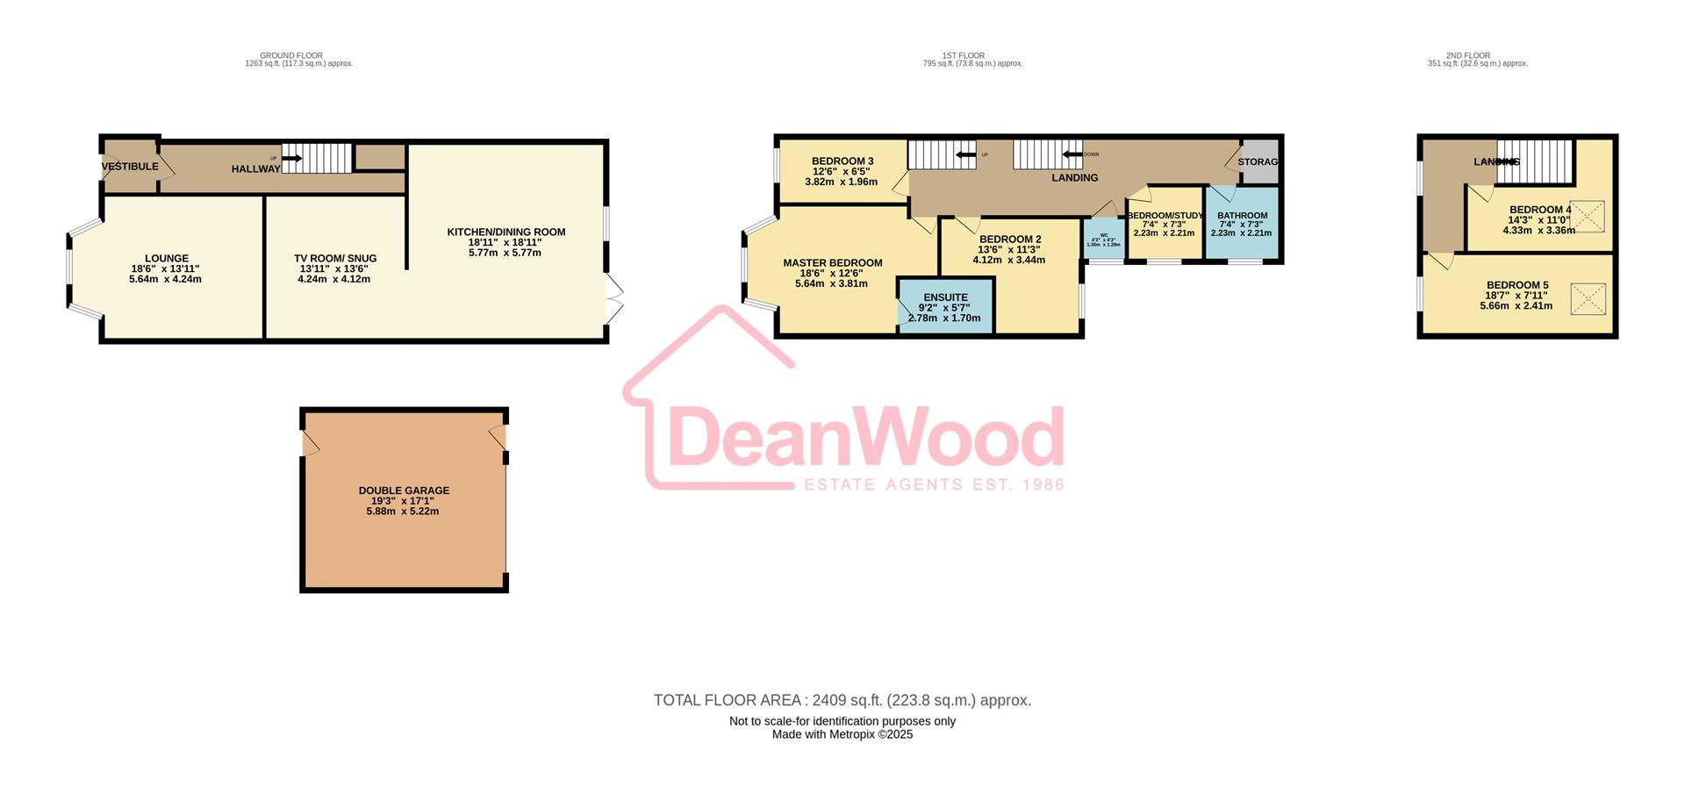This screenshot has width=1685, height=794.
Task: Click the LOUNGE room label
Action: point(167,259)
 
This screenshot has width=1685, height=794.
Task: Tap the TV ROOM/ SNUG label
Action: point(335,259)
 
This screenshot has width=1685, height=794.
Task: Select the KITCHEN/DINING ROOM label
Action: point(505,232)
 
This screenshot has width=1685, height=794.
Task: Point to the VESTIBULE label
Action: point(130,167)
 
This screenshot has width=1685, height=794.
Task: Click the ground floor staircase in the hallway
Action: point(316,159)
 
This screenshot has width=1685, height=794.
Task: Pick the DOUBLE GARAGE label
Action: point(404,490)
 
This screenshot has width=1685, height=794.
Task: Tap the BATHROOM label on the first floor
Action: point(1242,216)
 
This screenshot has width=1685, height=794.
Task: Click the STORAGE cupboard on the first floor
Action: point(1258,161)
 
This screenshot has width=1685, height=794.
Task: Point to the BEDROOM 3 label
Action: point(842,161)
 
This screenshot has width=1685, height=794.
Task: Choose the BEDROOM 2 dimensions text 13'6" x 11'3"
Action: point(1009,250)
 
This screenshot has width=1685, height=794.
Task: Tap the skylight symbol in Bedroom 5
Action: point(1587,298)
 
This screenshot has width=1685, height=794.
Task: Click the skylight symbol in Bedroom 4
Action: point(1587,217)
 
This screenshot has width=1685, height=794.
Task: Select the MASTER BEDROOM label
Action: point(832,262)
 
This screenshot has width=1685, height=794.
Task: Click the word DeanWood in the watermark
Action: point(864,439)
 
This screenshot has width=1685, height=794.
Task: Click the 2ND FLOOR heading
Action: point(1467,55)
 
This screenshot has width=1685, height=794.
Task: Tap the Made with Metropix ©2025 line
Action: point(842,734)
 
